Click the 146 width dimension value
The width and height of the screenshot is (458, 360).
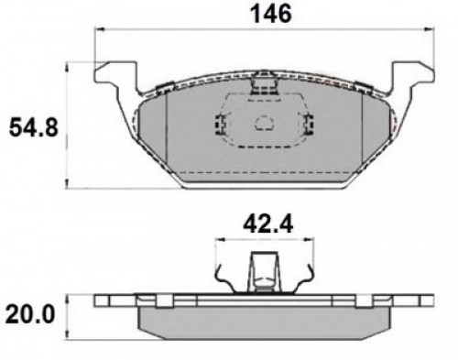(270, 15)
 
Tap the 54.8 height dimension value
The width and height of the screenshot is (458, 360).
(33, 127)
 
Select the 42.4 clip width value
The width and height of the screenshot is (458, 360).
(267, 224)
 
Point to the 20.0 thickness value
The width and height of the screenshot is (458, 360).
(30, 315)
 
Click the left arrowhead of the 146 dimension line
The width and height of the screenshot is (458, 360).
(100, 29)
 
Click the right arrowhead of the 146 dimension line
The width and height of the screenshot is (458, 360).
(430, 29)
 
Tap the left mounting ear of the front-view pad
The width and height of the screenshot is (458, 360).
(115, 76)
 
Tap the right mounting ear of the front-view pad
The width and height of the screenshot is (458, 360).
(413, 76)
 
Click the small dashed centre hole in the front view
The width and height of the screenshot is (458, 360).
(265, 124)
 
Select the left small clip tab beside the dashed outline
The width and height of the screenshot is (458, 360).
(221, 125)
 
